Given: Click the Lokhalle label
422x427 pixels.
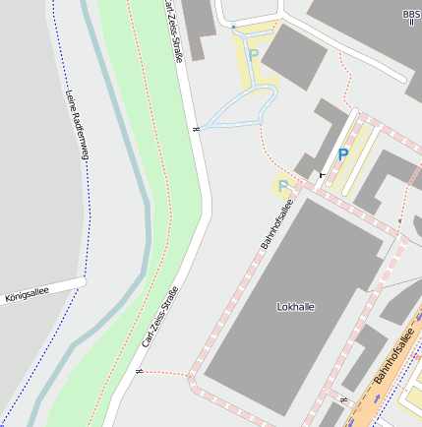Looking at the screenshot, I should click(x=296, y=307).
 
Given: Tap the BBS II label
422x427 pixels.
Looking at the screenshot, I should click(x=410, y=17).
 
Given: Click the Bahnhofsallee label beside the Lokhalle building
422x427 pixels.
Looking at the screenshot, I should click(x=276, y=224).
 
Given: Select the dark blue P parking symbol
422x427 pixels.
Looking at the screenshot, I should click(x=342, y=154).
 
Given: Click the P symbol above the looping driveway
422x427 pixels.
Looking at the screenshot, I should click(x=253, y=56).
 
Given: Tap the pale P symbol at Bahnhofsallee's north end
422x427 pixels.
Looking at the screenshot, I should click(x=283, y=184).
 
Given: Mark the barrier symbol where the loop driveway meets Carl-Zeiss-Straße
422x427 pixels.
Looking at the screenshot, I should click(x=198, y=126).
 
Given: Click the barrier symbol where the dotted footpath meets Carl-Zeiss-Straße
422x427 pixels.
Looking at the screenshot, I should click(x=141, y=372).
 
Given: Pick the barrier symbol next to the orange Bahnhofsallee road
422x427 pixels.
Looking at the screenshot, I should click(x=342, y=400).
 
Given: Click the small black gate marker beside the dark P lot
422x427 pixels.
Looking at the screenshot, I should click(x=322, y=174).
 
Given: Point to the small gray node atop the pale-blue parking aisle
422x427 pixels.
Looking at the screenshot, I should click(x=234, y=25).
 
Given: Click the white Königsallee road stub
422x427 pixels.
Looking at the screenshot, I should click(x=49, y=289).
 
